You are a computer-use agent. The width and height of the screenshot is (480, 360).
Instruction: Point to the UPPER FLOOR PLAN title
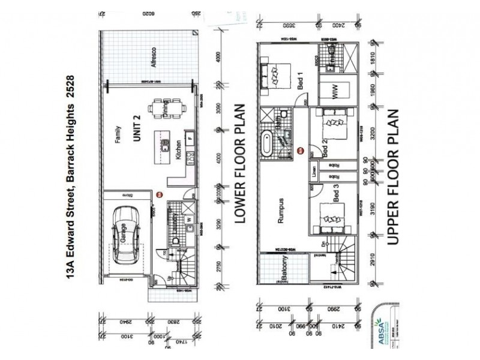click(392, 178)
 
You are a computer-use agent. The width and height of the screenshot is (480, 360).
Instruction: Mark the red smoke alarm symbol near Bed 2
click(301, 151)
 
